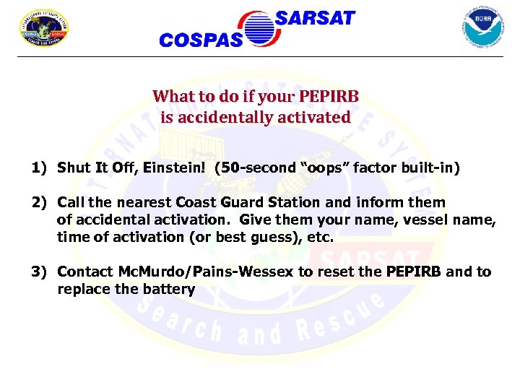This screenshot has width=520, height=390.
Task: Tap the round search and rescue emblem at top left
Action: (x=43, y=28)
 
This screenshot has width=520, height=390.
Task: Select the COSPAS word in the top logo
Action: (x=201, y=40)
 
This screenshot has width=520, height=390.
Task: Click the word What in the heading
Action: (x=170, y=97)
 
